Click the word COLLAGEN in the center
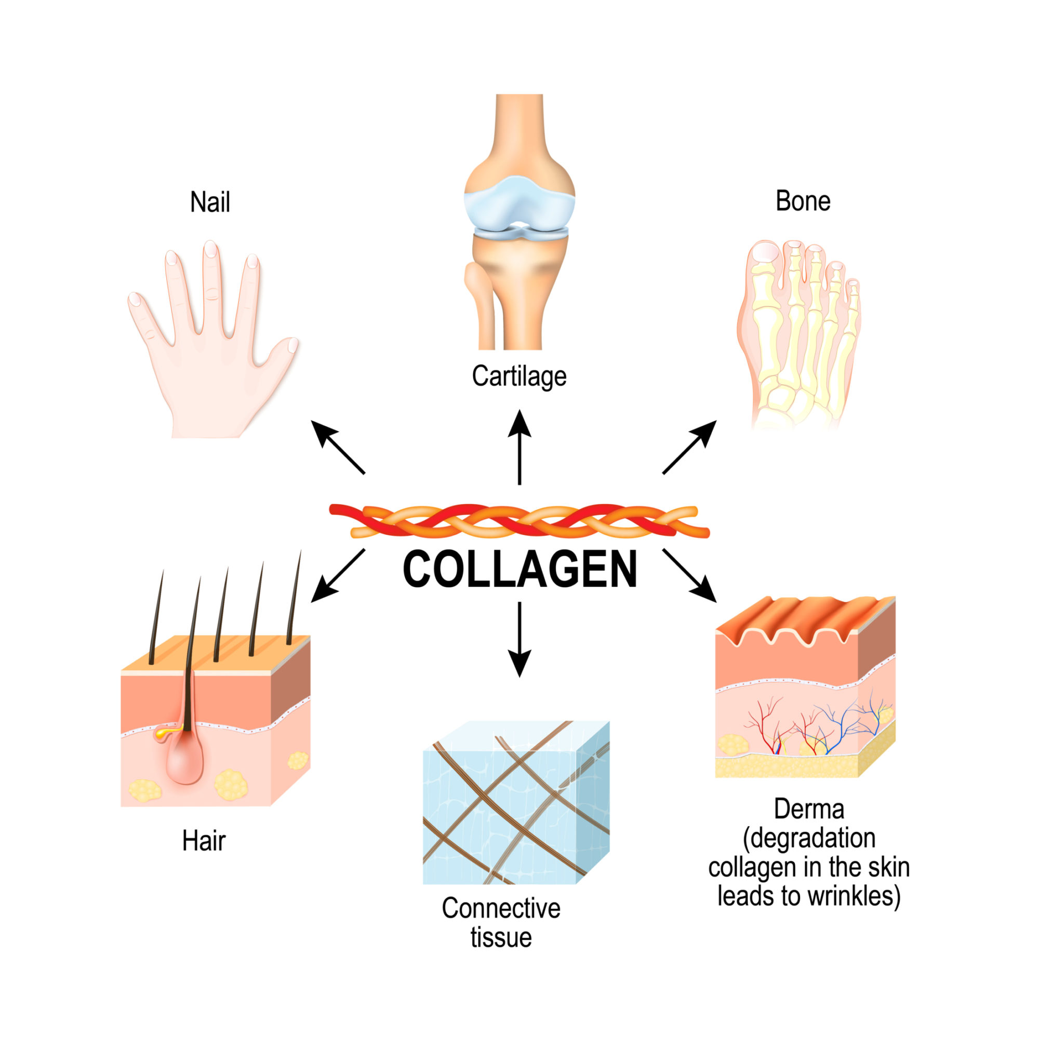(520, 570)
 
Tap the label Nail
(210, 203)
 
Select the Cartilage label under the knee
(518, 376)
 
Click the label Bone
(802, 201)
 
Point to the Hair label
(204, 841)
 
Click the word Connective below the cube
(501, 908)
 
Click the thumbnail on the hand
(292, 345)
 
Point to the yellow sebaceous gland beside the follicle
(164, 733)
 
